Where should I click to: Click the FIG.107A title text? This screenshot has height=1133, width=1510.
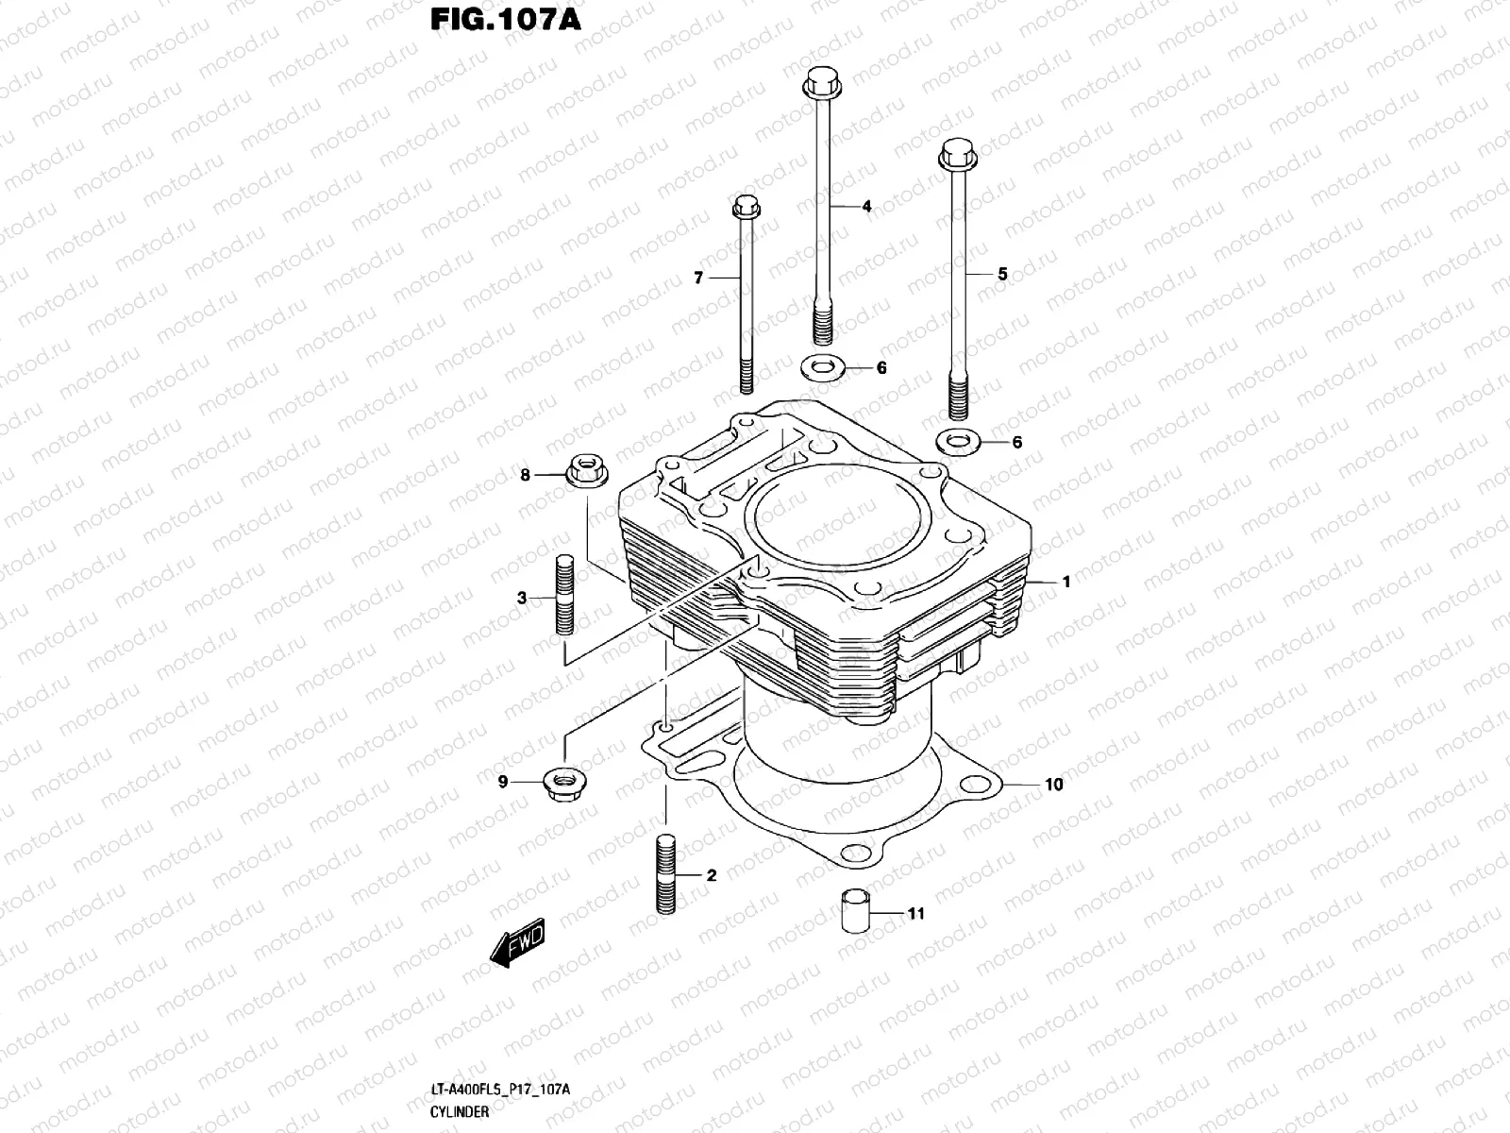click(505, 20)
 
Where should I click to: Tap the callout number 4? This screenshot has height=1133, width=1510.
click(866, 206)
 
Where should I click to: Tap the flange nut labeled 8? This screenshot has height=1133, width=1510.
click(585, 469)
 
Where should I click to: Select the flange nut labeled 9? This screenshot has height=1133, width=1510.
click(562, 783)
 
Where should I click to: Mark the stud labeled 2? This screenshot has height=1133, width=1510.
click(666, 874)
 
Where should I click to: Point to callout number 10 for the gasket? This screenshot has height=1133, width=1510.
click(1053, 785)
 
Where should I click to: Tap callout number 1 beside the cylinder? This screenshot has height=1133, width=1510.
click(1066, 583)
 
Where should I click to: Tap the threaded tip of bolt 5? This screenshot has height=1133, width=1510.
click(958, 397)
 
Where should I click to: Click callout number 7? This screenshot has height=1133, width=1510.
click(698, 278)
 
